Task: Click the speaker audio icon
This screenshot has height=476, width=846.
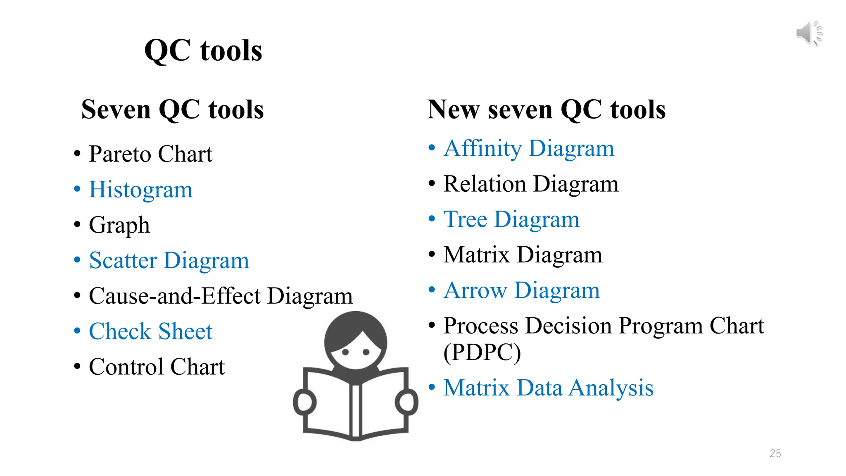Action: coord(809,33)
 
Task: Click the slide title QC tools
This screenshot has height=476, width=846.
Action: coord(203,51)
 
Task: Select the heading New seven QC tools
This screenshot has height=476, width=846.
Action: coord(546,110)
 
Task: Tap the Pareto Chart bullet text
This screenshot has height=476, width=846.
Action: coord(150,154)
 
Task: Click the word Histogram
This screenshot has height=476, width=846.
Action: coord(141,190)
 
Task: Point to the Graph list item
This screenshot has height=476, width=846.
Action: coord(119,225)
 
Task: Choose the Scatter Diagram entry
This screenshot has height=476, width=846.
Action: coord(169,261)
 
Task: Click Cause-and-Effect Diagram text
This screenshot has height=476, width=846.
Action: coord(221,296)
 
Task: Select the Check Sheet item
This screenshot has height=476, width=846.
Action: coord(150,331)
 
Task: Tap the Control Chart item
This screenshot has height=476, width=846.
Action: coord(157,367)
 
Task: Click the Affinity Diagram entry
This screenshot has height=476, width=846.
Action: coord(529,148)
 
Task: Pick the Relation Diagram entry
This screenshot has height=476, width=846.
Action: coord(531,184)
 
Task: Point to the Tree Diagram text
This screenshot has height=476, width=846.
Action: coord(511,219)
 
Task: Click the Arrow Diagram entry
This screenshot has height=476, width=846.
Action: coord(521,290)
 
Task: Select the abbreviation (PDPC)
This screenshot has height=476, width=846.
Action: coord(482,352)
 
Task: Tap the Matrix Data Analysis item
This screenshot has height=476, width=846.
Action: coord(548,388)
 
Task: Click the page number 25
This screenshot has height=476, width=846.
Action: coord(775,453)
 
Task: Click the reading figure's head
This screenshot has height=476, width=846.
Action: coord(356,341)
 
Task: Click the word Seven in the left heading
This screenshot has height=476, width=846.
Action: coord(116,110)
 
